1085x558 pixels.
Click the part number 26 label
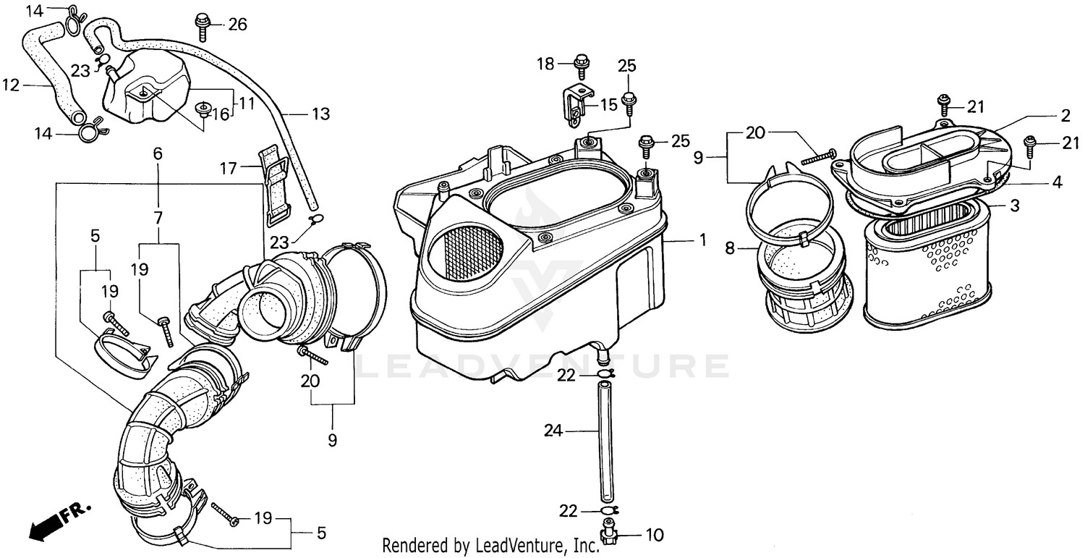click(237, 25)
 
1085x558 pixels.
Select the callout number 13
click(320, 114)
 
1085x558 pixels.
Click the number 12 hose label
click(10, 85)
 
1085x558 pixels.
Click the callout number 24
click(553, 431)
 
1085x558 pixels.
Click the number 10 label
click(653, 536)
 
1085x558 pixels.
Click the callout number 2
click(1065, 114)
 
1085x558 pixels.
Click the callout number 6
click(158, 153)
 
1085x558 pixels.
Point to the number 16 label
click(220, 114)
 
